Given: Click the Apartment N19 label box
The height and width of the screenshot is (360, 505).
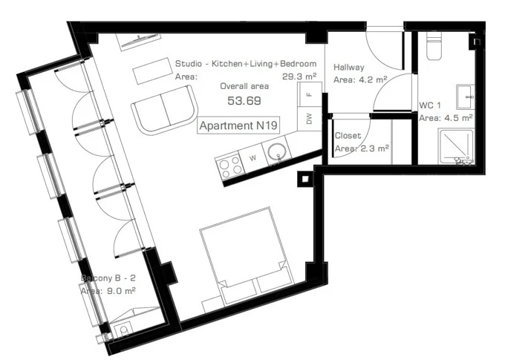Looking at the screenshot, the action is (x=238, y=125).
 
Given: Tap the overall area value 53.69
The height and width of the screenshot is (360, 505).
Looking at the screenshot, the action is (x=244, y=101).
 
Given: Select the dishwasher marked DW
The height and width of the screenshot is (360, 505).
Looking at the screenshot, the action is (x=310, y=119).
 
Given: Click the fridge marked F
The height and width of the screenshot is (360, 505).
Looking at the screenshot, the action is (x=310, y=94).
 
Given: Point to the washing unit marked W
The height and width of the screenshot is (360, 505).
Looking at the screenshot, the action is (x=252, y=158).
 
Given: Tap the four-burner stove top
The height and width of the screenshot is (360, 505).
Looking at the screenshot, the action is (x=229, y=167).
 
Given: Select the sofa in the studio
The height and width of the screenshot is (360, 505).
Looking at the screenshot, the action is (x=165, y=110).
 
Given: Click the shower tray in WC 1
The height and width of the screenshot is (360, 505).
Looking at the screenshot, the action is (x=456, y=147).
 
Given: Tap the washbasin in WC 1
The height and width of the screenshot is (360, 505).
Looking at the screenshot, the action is (x=466, y=97).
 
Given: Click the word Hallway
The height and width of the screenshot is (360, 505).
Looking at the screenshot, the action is (x=349, y=68).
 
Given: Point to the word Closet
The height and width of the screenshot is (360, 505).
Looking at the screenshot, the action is (x=348, y=136).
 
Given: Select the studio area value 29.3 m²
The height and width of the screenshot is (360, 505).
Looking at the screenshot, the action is (x=299, y=76).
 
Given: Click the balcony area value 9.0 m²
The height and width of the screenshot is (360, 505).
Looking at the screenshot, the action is (x=121, y=291).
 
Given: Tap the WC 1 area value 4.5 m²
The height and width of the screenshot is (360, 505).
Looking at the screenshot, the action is (x=459, y=118).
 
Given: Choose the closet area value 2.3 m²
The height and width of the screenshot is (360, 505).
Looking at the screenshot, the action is (x=374, y=148).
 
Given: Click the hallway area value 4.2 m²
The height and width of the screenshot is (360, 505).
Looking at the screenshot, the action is (x=373, y=79).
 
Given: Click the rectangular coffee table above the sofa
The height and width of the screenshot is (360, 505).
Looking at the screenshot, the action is (x=153, y=71).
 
